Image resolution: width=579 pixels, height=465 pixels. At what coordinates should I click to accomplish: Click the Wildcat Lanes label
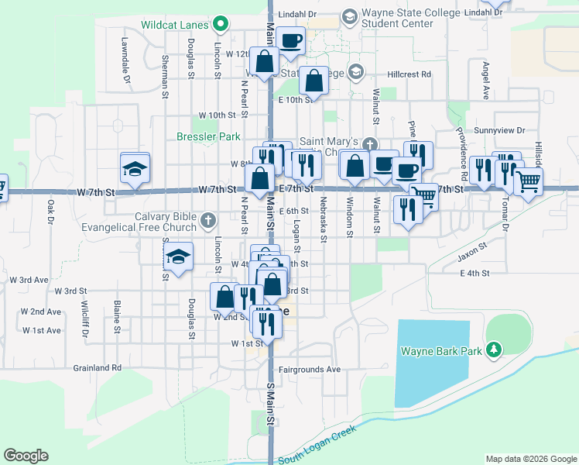point(175,25)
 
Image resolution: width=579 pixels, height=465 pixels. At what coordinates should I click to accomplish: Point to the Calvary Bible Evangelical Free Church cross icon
point(207,222)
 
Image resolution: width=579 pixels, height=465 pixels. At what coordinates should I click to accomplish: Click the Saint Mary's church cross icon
point(370,143)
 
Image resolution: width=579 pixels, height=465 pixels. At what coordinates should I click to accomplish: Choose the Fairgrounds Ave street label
point(310,370)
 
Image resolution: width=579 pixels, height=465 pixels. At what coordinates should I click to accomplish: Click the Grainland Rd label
point(98,368)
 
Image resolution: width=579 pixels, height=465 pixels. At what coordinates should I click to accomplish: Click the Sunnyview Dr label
point(500,130)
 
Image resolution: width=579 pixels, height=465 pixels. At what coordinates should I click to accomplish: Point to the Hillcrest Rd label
point(409,74)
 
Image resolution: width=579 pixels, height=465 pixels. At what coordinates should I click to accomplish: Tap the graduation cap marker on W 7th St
point(135,168)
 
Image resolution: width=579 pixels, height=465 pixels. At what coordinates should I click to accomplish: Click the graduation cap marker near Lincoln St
point(179,257)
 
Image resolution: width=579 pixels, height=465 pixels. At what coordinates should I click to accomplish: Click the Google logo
point(26,456)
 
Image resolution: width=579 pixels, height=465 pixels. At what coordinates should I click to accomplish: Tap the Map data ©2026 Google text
point(530,459)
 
